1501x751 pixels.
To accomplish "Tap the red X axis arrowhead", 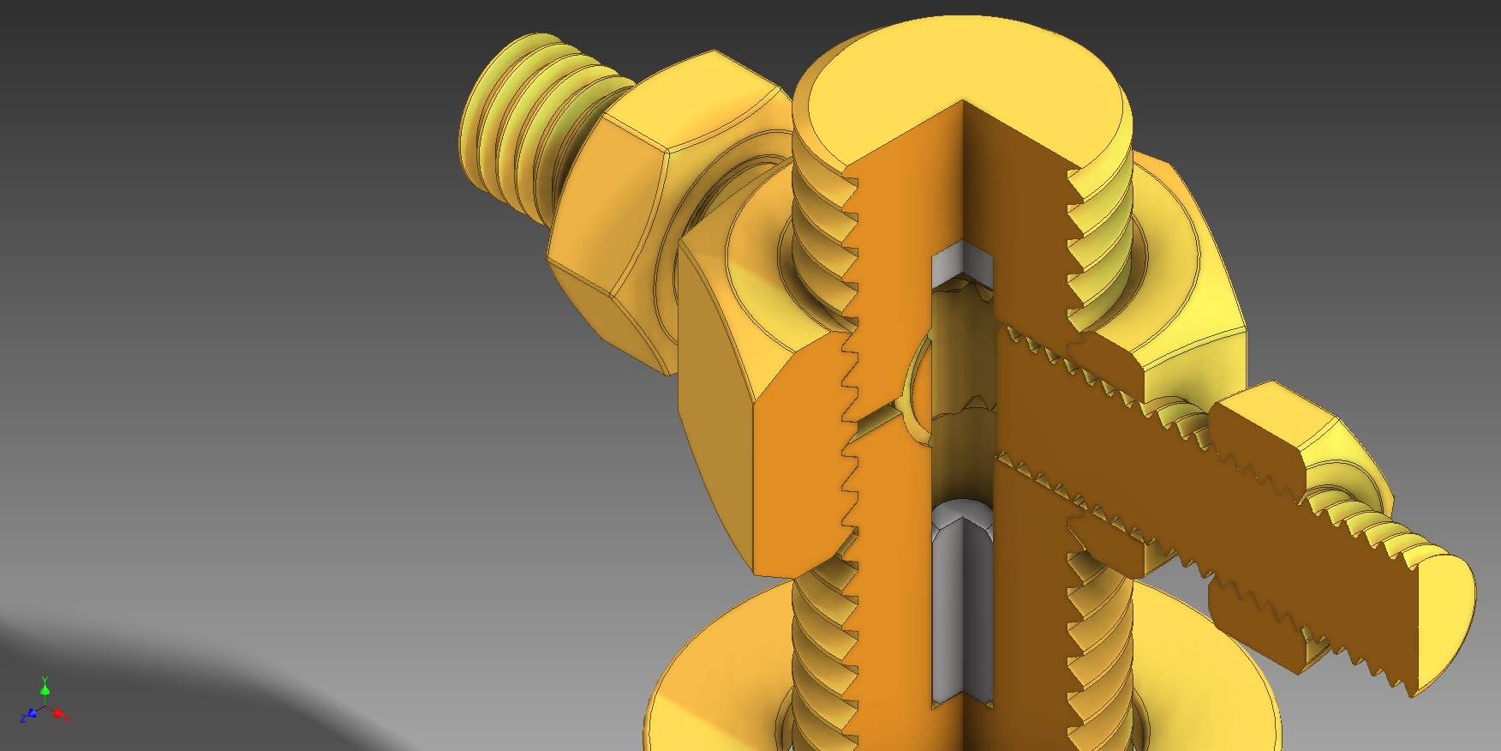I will point(59,713).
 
